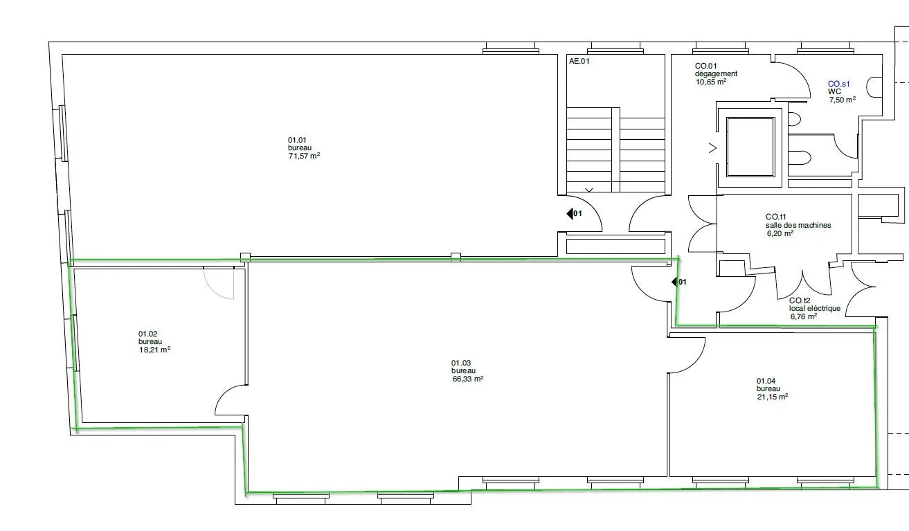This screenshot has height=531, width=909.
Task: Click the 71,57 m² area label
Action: pyautogui.click(x=304, y=156)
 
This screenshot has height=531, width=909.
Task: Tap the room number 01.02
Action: pyautogui.click(x=147, y=334)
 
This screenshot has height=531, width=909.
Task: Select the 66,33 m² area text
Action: pyautogui.click(x=468, y=379)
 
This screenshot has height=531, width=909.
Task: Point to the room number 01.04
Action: pyautogui.click(x=766, y=381)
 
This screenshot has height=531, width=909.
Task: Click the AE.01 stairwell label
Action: pyautogui.click(x=579, y=61)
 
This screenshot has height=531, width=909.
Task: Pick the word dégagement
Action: pyautogui.click(x=716, y=74)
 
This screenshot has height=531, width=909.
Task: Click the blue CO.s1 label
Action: pyautogui.click(x=839, y=84)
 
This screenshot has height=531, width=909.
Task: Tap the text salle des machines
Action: pyautogui.click(x=798, y=225)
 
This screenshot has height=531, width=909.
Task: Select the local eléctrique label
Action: pyautogui.click(x=814, y=308)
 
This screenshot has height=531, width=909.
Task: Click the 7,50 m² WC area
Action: pyautogui.click(x=843, y=100)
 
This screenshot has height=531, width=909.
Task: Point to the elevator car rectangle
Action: pyautogui.click(x=750, y=147)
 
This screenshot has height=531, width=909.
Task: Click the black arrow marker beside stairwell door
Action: pyautogui.click(x=570, y=213)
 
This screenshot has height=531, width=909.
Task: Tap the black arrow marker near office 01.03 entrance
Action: pyautogui.click(x=675, y=282)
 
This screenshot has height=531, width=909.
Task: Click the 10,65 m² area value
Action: pyautogui.click(x=711, y=82)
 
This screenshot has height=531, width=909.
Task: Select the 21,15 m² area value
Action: pyautogui.click(x=772, y=397)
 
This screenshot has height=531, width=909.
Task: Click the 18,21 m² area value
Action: pyautogui.click(x=154, y=350)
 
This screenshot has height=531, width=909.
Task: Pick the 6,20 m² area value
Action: pyautogui.click(x=780, y=233)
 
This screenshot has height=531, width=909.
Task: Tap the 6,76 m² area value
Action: pyautogui.click(x=804, y=316)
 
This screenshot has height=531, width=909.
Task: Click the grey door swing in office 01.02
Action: pyautogui.click(x=213, y=289)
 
